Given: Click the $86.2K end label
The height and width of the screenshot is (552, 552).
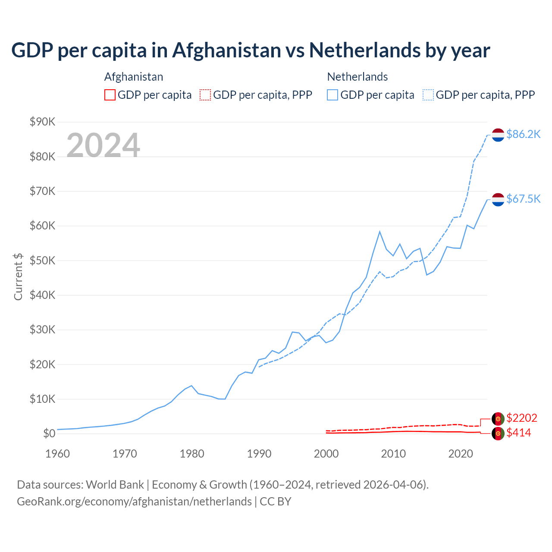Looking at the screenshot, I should pos(523,135).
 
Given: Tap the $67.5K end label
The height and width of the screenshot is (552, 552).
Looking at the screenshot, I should pos(523,199).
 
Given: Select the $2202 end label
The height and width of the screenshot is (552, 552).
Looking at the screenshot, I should pos(522,418).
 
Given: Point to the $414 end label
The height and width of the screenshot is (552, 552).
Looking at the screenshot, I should pos(519,433).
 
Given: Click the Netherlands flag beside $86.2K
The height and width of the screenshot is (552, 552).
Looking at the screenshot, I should pos(498,135).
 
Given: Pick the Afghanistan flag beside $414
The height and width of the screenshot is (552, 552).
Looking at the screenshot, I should pos(498,433).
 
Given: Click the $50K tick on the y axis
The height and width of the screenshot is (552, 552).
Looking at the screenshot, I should pos(43,261).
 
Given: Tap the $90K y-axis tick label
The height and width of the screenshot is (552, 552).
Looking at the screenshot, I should pos(43,122).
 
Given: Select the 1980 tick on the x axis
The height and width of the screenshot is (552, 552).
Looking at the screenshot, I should pos(192,454).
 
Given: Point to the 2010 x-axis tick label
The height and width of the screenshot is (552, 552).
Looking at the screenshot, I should pos(393,454).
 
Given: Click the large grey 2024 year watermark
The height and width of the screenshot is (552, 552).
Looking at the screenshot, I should pos(103,145).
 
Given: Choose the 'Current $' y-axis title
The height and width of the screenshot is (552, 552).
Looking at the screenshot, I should pos(18,276).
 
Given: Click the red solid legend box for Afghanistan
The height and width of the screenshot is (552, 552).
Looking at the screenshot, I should pos(110,95).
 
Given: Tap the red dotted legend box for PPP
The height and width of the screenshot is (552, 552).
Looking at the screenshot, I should pos(205,95).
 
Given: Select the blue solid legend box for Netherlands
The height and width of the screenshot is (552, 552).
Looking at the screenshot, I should pos(332,95).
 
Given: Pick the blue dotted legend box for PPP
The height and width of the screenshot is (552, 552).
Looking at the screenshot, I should pos(428,95).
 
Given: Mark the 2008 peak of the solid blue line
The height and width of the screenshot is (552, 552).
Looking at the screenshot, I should pos(379,232).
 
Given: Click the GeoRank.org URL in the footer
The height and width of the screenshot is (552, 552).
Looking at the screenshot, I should pos(134,502).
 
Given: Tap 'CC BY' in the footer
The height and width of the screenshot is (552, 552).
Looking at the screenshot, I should pos(276,502).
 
